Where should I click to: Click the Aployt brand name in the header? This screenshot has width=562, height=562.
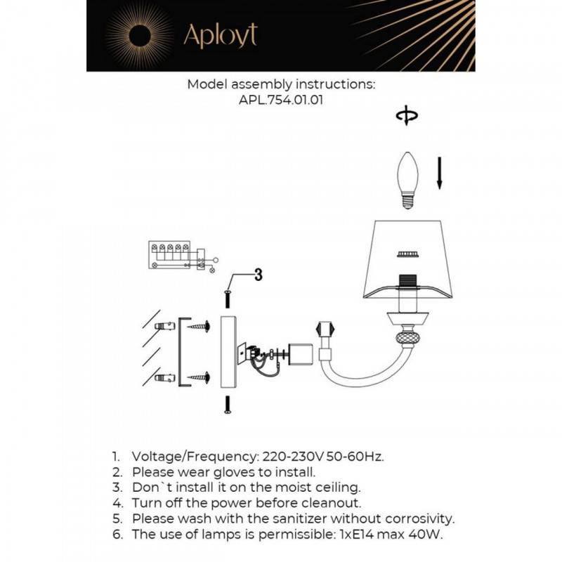tap(220, 34)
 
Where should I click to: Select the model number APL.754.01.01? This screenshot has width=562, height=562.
tap(281, 100)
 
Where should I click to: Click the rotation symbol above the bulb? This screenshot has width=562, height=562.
tap(406, 117)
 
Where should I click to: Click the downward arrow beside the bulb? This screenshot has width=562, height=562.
tap(440, 173)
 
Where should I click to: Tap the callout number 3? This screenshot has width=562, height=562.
tap(258, 275)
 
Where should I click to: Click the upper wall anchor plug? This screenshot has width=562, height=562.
tap(164, 326)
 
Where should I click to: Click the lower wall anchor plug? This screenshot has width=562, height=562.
tap(164, 379)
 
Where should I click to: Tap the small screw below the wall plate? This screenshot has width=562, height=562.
tap(228, 405)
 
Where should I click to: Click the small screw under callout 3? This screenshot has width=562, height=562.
tap(228, 298)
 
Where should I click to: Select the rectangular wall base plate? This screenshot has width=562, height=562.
tap(229, 351)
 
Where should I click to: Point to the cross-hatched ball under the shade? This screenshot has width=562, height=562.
tap(407, 337)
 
